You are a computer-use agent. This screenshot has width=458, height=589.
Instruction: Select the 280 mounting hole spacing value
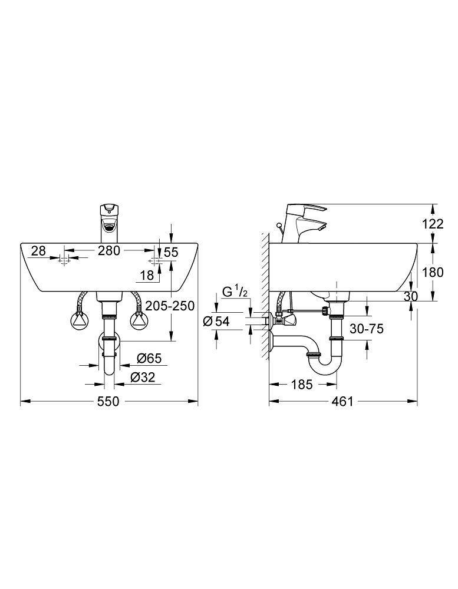point(108,251)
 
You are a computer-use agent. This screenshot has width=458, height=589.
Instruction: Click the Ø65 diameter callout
point(149,358)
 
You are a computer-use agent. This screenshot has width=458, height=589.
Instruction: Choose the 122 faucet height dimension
point(433,223)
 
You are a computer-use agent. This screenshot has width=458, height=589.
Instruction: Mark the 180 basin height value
point(433,272)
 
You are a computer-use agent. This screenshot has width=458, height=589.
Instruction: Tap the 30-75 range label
point(366,328)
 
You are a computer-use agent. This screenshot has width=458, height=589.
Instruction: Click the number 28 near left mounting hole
point(38,251)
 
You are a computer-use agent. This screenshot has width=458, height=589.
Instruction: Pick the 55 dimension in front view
point(170,252)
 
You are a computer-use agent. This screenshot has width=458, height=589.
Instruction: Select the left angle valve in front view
point(78,321)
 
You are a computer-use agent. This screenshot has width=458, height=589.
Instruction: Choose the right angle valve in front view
point(138,321)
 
